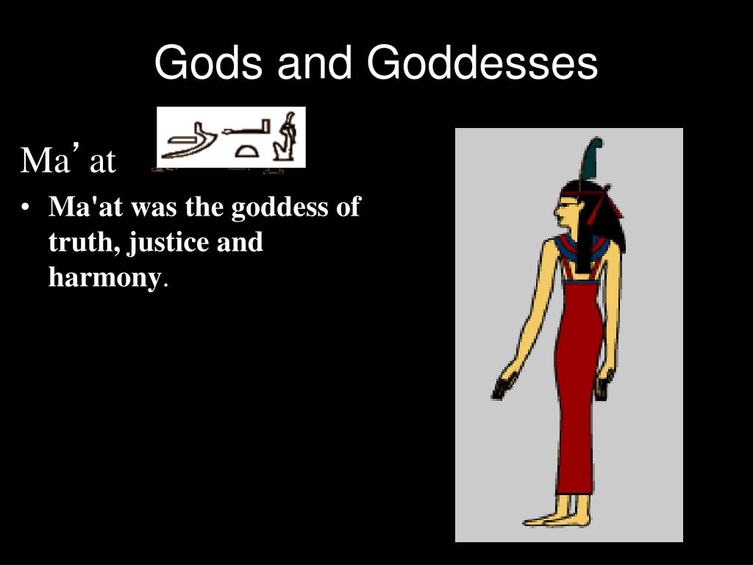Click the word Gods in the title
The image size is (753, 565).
pyautogui.click(x=208, y=63)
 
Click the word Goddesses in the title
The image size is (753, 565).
pyautogui.click(x=482, y=63)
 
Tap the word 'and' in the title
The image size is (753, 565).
pyautogui.click(x=315, y=63)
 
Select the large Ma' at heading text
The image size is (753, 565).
pyautogui.click(x=68, y=159)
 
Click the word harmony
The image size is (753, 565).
pyautogui.click(x=104, y=277)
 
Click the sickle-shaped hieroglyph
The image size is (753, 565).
pyautogui.click(x=188, y=142)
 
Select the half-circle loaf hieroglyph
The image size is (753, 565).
pyautogui.click(x=246, y=151)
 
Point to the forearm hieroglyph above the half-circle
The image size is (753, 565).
pyautogui.click(x=246, y=128)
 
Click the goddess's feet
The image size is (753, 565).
pyautogui.click(x=557, y=519)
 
